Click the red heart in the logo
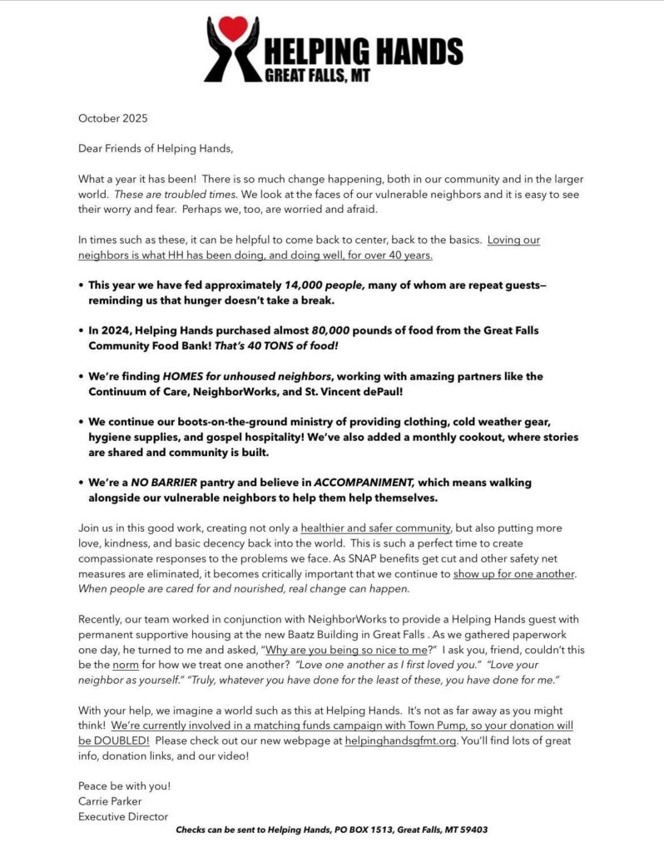pos(234,27)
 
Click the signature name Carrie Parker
pos(110,801)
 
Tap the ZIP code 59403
pos(470,830)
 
